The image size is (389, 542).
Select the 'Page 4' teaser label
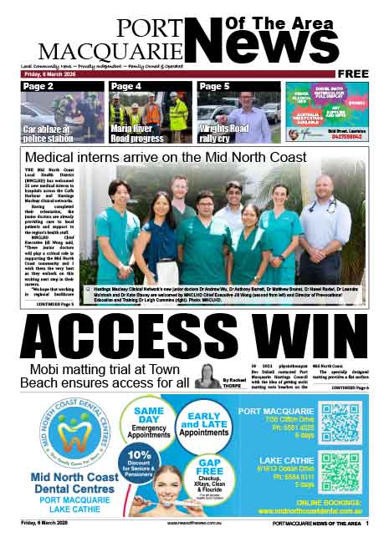pyautogui.click(x=126, y=86)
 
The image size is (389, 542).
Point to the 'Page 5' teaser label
pyautogui.click(x=214, y=86)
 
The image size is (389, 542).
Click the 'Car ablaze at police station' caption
pyautogui.click(x=52, y=133)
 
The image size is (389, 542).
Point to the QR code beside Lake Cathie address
pyautogui.click(x=340, y=472)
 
